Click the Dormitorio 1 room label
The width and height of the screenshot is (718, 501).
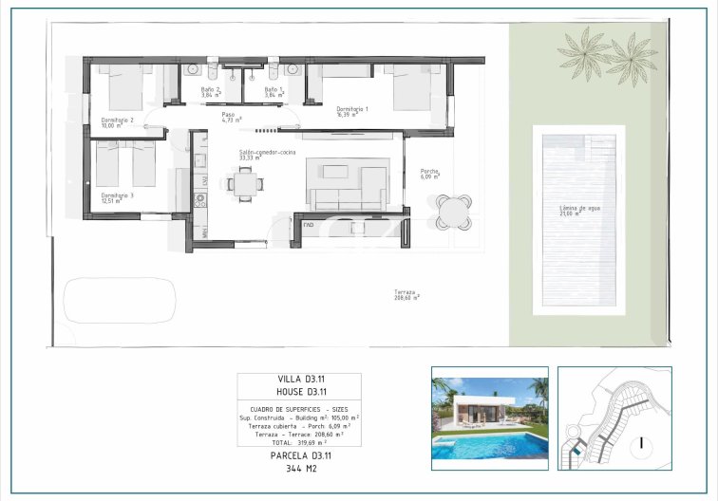pyautogui.click(x=352, y=109)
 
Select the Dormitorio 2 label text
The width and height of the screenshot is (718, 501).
pyautogui.click(x=117, y=121)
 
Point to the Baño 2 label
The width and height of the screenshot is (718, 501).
pyautogui.click(x=211, y=89)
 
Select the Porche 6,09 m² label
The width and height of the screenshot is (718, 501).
pyautogui.click(x=431, y=174)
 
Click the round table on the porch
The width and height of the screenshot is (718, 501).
pyautogui.click(x=453, y=211)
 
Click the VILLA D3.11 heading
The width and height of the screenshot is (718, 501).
pyautogui.click(x=299, y=380)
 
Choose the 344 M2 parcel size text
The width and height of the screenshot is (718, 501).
pyautogui.click(x=299, y=468)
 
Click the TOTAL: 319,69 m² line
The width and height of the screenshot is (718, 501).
pyautogui.click(x=298, y=442)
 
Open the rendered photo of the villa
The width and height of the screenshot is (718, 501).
pyautogui.click(x=489, y=417)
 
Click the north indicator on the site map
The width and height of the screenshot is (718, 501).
pyautogui.click(x=641, y=442)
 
